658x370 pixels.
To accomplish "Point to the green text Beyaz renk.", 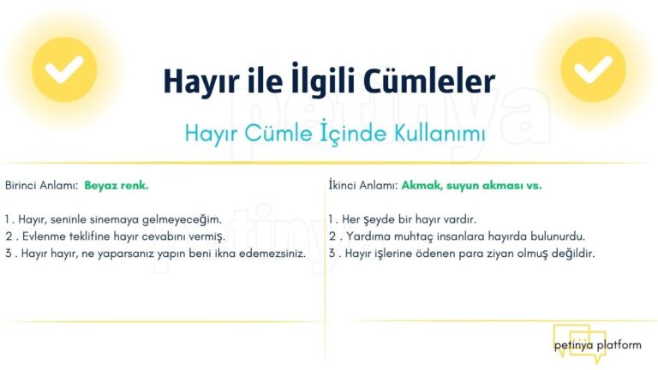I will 117,185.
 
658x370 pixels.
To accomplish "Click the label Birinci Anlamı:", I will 42,185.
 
